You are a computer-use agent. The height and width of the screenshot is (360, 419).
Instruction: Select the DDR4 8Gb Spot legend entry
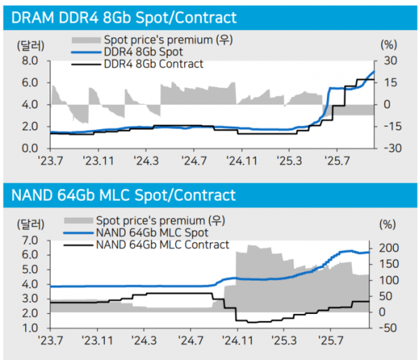point(143,52)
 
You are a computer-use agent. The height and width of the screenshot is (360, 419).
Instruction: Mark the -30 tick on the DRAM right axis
point(390,149)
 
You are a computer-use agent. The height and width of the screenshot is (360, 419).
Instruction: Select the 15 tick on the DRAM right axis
point(390,82)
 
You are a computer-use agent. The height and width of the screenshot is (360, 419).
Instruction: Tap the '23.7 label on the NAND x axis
point(50,341)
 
